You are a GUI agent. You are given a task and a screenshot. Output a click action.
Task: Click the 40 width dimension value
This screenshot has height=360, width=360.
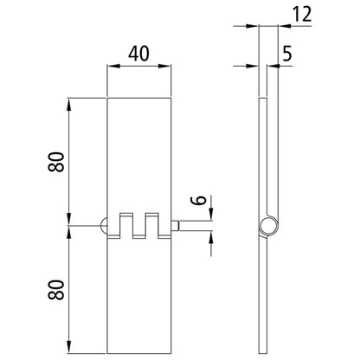click(140, 54)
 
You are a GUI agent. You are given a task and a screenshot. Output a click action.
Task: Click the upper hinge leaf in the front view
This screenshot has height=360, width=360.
click(140, 156)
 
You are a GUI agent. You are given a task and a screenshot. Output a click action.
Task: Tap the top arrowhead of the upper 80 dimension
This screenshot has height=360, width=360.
click(67, 104)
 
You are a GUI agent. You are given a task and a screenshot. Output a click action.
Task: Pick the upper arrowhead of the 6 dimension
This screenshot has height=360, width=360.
click(209, 216)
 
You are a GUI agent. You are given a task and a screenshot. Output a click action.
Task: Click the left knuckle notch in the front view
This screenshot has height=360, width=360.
click(126, 223)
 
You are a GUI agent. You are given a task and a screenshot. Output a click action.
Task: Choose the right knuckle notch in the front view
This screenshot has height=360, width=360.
click(153, 223)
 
